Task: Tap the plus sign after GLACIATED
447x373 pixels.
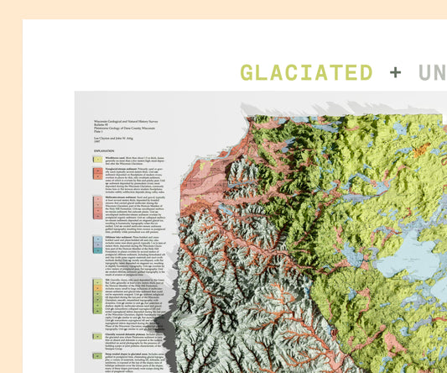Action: [x=394, y=72]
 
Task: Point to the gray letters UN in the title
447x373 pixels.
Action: [x=432, y=72]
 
